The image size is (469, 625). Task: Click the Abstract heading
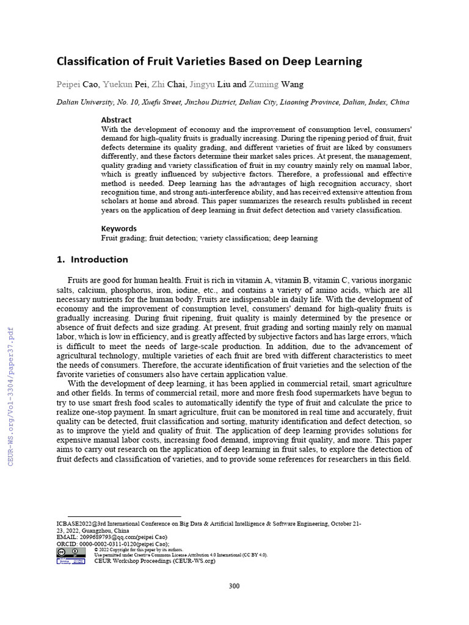tap(116, 120)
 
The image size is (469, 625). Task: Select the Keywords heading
tap(118, 228)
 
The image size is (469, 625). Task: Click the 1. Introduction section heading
tap(92, 259)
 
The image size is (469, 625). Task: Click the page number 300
tap(234, 587)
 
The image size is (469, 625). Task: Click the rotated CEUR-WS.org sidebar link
tap(10, 397)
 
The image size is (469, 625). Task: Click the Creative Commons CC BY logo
tap(71, 552)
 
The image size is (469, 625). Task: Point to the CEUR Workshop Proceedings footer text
tap(155, 561)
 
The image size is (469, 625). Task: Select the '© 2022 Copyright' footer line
tap(130, 549)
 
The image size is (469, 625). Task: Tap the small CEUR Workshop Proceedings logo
tap(71, 560)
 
